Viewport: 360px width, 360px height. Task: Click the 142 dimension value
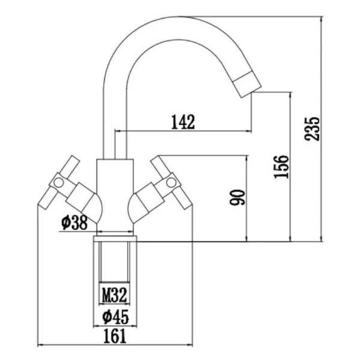coord(183,122)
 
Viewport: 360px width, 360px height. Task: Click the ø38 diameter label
coord(74,223)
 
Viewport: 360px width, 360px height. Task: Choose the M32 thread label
coord(113,295)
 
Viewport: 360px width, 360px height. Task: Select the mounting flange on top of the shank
coord(115,238)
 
